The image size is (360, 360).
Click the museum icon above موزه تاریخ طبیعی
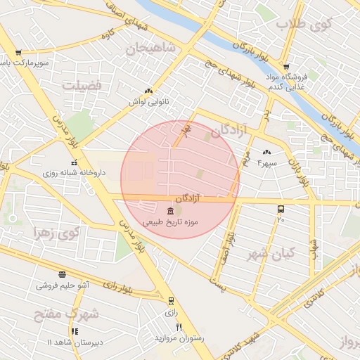tap(172, 212)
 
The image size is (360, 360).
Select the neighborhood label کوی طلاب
tap(302, 25)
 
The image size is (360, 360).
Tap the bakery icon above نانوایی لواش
tap(148, 91)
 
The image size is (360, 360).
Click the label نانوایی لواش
tap(149, 102)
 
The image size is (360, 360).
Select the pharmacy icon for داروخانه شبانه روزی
tap(73, 162)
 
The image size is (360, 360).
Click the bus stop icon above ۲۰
tap(281, 209)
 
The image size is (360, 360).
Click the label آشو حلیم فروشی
tap(63, 286)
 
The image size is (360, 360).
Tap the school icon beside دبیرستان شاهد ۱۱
tap(75, 331)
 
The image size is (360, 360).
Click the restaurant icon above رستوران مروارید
tap(179, 328)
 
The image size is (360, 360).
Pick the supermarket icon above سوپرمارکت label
tap(18, 53)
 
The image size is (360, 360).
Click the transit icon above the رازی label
tap(171, 300)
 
